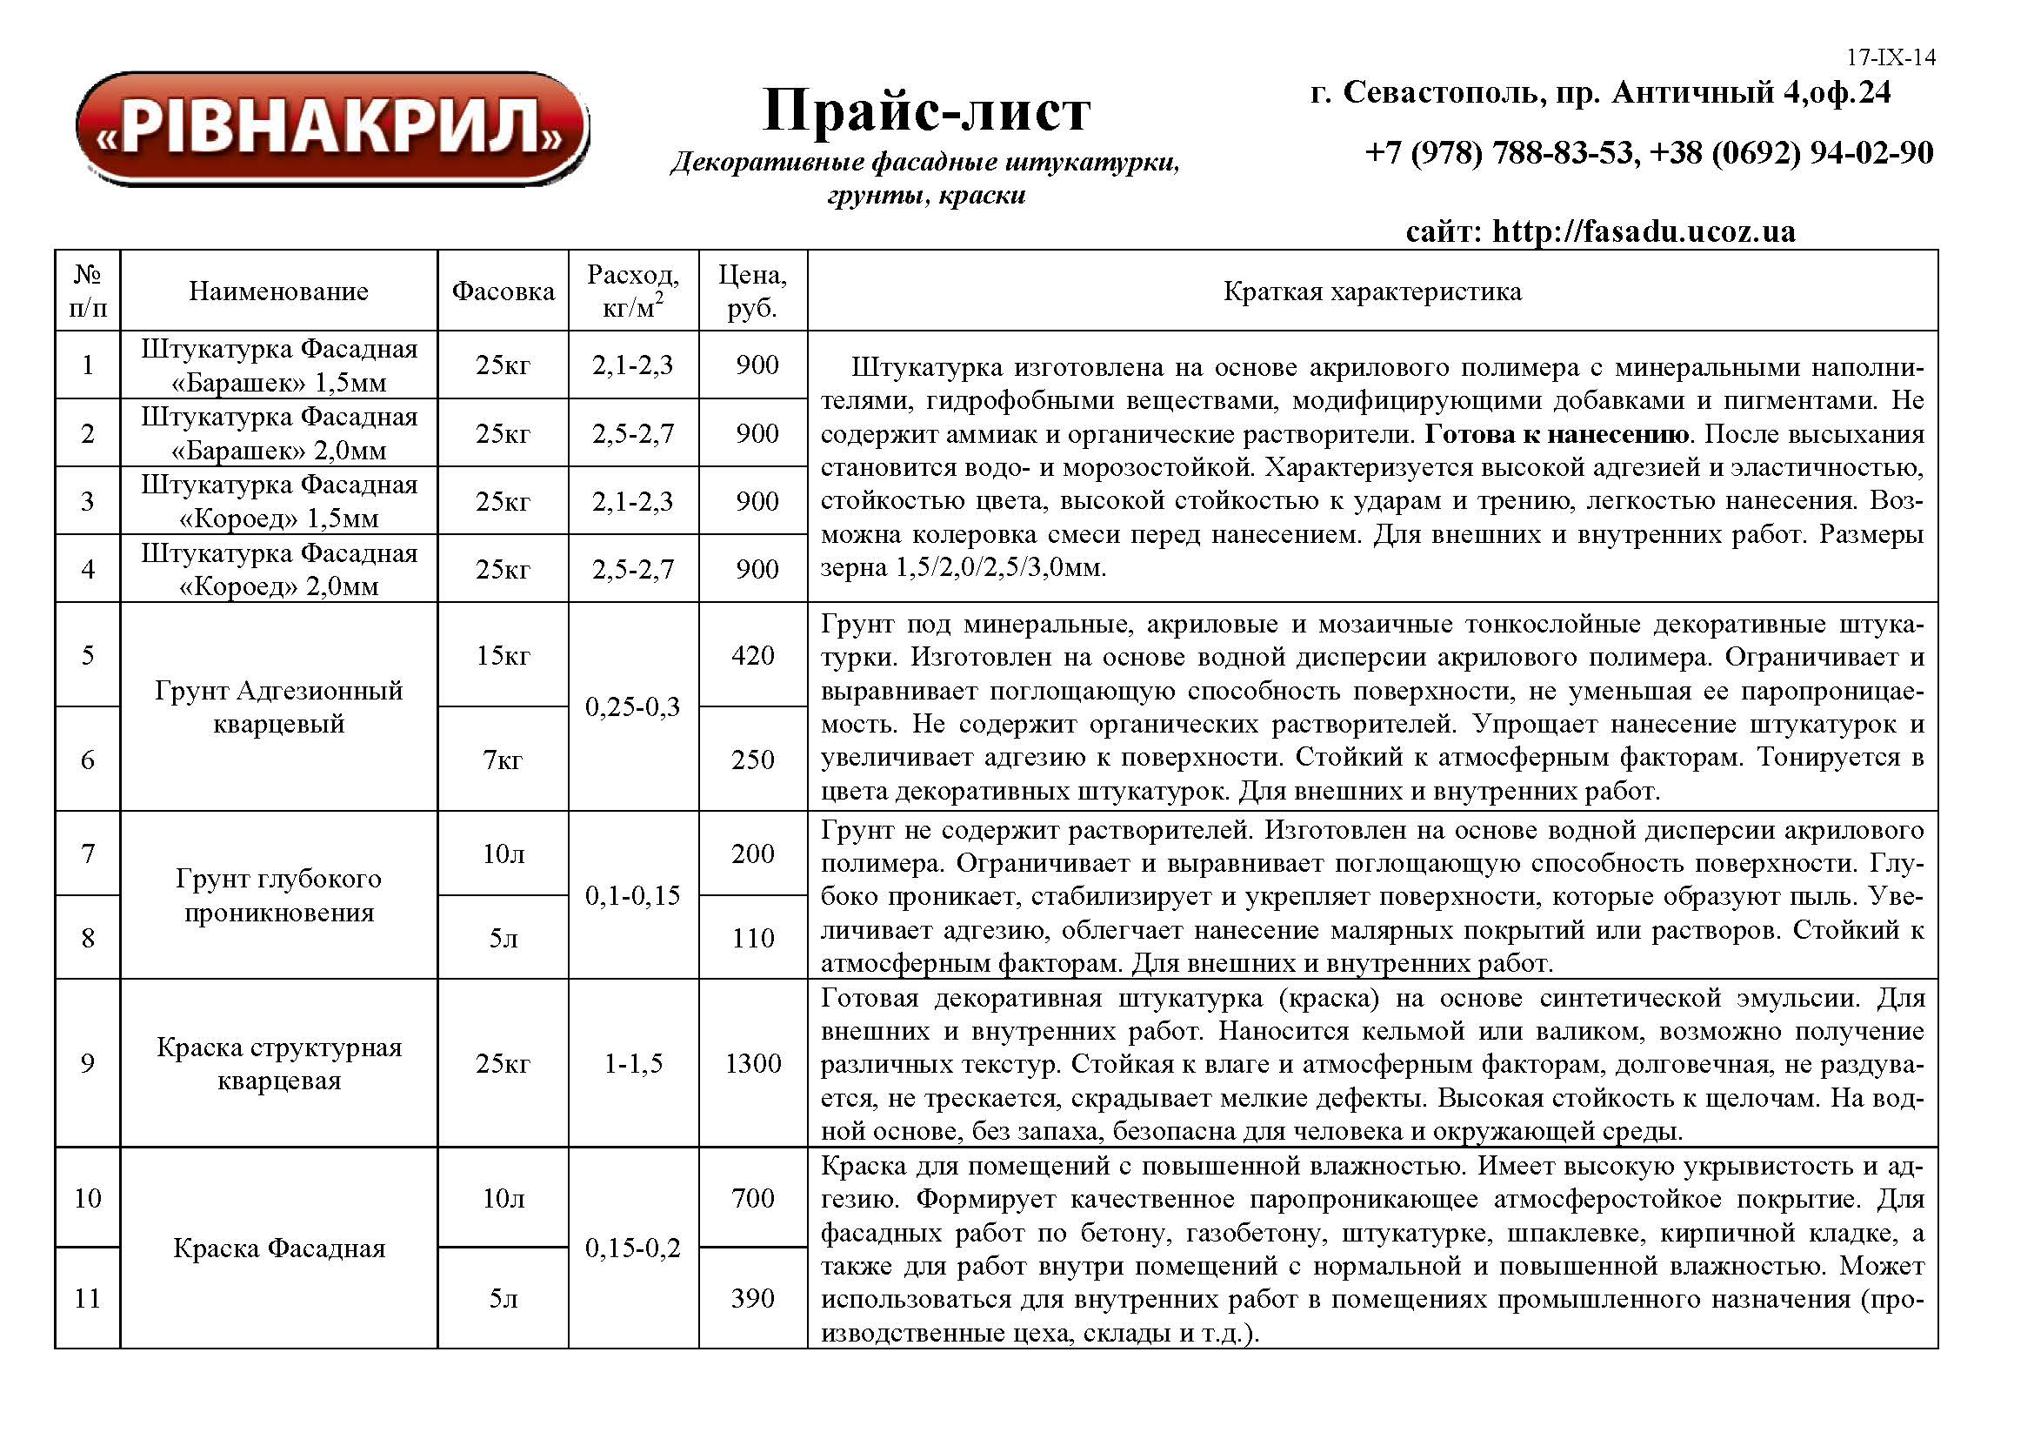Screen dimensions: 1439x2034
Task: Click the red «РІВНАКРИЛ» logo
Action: point(333,129)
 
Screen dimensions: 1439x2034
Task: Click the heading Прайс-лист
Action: point(926,110)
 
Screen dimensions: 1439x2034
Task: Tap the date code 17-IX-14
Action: point(1891,57)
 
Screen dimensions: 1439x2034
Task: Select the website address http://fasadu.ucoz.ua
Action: point(1644,231)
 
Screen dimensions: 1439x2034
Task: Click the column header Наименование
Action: point(278,291)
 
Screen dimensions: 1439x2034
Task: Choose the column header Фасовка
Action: point(503,291)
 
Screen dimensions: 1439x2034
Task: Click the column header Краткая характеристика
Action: point(1372,291)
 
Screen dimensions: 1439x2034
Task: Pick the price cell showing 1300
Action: point(753,1063)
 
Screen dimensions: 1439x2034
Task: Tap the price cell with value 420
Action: point(753,655)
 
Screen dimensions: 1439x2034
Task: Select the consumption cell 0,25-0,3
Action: point(632,706)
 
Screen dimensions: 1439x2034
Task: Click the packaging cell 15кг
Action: point(503,655)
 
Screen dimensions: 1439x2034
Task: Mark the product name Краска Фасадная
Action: point(278,1248)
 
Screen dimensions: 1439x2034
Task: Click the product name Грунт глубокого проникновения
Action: point(278,895)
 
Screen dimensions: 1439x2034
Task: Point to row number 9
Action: point(87,1063)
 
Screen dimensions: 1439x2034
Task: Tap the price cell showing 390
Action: point(753,1298)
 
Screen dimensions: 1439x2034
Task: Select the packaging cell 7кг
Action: point(503,760)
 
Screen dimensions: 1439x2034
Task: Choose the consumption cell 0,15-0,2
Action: point(632,1248)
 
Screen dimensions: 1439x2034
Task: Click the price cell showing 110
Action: point(753,938)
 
